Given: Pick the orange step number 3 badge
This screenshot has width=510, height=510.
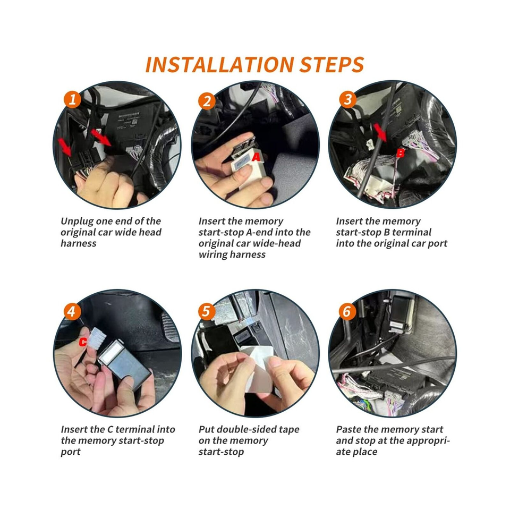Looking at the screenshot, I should tap(347, 99).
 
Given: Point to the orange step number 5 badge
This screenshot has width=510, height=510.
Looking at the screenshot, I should tap(207, 312).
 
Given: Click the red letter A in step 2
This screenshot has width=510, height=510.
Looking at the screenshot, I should tap(256, 157).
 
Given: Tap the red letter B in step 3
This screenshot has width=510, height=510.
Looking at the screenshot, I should tap(401, 154).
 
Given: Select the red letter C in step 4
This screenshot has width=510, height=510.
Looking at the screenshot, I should tap(83, 343).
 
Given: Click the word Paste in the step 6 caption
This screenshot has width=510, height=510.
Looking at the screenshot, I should tap(348, 429).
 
